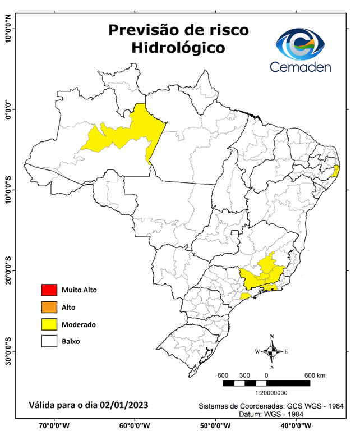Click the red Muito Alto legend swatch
click(x=49, y=290)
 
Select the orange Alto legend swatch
click(x=49, y=307)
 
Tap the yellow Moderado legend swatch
click(x=49, y=324)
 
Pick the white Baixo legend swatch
click(x=49, y=341)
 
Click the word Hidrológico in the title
click(x=178, y=48)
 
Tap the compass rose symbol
click(x=272, y=351)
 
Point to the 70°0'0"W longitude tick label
click(x=54, y=425)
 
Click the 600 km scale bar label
click(x=313, y=375)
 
